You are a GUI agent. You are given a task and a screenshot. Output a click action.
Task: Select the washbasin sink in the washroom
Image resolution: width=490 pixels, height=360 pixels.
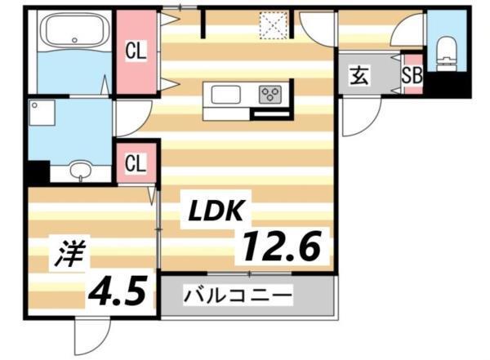pos(79,171)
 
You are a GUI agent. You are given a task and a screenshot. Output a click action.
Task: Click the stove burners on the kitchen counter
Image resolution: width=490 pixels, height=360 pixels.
pos(269,93)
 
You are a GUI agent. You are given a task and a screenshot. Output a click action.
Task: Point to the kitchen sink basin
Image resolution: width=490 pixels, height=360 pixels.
pos(226,93)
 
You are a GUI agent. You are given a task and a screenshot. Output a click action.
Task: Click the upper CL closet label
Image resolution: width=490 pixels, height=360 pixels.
pos(135,51)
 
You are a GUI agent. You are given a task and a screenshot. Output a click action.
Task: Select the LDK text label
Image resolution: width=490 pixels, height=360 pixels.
pos(215,211)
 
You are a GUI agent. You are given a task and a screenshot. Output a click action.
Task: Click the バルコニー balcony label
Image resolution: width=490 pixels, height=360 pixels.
pos(238,294)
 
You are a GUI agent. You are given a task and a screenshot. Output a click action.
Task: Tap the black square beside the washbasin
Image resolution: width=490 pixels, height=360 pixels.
pos(36,172)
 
